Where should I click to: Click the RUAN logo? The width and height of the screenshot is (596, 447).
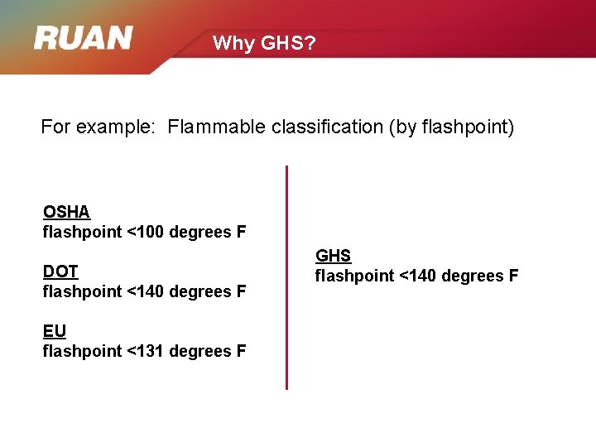pos(83,38)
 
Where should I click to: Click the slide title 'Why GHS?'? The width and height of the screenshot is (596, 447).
pos(264,43)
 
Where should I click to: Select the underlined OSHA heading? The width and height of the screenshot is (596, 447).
pos(66,212)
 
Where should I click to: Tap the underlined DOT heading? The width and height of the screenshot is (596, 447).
pos(60,272)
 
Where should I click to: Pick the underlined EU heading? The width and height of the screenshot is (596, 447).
pos(55,331)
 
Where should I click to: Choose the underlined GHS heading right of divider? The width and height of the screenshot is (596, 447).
pos(333,256)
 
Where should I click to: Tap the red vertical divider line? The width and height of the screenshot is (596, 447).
pos(286,277)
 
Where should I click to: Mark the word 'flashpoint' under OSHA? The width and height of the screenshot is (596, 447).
pos(82,232)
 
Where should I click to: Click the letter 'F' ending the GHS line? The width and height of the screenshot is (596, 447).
pos(513,276)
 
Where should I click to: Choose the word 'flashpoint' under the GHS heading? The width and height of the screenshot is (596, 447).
pos(354,276)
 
